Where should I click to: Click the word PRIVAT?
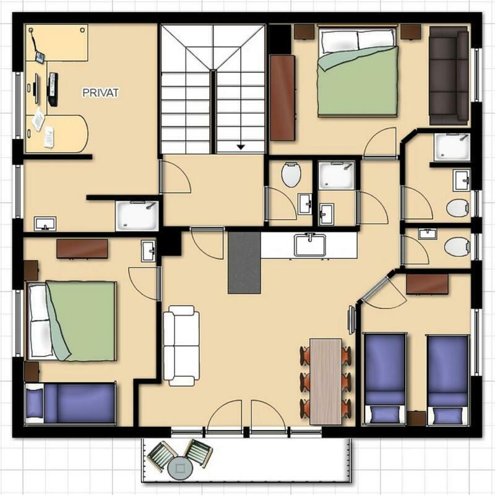click(x=100, y=92)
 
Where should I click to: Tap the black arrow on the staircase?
click(x=241, y=147)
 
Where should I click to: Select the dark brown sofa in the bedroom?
click(x=449, y=75)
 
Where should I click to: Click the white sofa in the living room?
click(x=181, y=346)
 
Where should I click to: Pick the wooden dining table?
click(x=326, y=382)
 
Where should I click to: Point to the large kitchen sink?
click(x=310, y=245)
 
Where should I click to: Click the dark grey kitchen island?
click(x=244, y=262)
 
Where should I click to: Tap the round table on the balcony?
click(x=180, y=468)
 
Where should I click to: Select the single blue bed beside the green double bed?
click(x=70, y=403)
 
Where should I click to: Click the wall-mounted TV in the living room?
click(x=351, y=319)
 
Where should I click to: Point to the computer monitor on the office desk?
click(x=37, y=88)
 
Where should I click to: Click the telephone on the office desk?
click(x=40, y=57)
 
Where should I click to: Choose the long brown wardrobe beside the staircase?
click(x=283, y=98)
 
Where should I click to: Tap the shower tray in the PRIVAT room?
click(x=137, y=215)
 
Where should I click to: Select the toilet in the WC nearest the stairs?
click(x=291, y=174)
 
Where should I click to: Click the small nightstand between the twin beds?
click(x=416, y=418)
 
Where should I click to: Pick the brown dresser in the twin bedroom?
click(x=427, y=284)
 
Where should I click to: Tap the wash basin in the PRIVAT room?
click(x=45, y=223)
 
